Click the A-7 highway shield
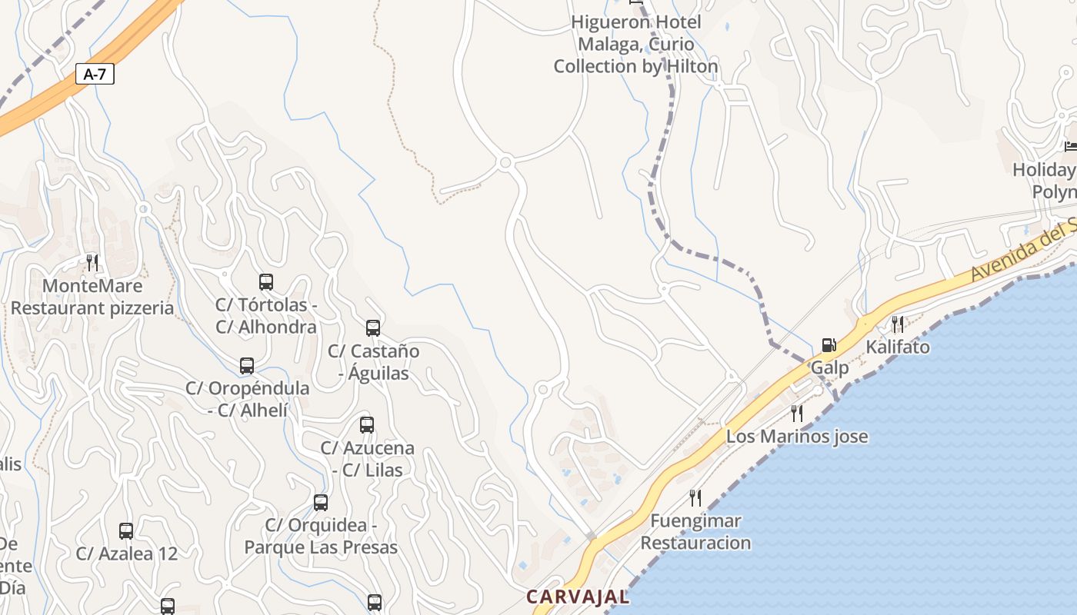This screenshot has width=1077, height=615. [x=95, y=75]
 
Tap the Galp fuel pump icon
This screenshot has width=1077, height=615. [x=829, y=345]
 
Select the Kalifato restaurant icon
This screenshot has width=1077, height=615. [x=897, y=324]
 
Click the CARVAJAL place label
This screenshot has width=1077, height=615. [x=578, y=597]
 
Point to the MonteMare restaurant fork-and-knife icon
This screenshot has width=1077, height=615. [x=92, y=263]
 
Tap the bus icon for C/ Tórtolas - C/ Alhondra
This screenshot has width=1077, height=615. [x=266, y=282]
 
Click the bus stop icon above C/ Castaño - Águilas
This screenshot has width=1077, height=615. [x=373, y=328]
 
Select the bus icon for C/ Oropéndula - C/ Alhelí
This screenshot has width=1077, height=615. [x=247, y=366]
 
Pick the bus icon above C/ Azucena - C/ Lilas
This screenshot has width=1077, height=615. [x=367, y=425]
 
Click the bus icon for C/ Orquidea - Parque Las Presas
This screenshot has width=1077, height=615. [x=321, y=503]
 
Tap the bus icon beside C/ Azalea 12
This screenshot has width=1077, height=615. [x=126, y=531]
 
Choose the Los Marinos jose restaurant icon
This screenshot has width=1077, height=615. [x=797, y=414]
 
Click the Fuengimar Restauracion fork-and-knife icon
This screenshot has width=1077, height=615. [x=695, y=498]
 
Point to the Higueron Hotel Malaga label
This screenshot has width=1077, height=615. [x=636, y=45]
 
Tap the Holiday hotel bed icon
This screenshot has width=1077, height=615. [x=1070, y=145]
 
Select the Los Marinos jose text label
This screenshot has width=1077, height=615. [x=797, y=437]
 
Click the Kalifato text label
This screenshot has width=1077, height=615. [x=898, y=347]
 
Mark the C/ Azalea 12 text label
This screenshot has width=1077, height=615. [x=127, y=553]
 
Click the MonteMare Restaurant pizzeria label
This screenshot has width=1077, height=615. [x=92, y=298]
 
